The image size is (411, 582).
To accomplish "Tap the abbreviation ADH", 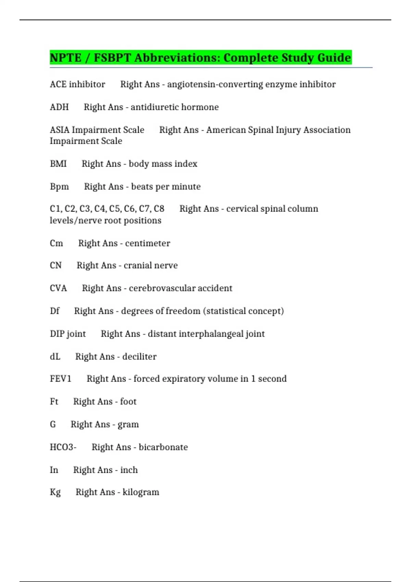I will click(x=59, y=107).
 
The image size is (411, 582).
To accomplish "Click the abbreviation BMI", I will click(x=58, y=164).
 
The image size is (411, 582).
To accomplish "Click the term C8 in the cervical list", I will click(x=159, y=209).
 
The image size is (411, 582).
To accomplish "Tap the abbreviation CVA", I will click(x=58, y=288).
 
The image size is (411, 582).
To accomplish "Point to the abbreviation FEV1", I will click(x=61, y=379).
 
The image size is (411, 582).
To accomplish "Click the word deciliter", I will click(x=139, y=357).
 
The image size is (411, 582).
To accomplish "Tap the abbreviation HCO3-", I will click(x=63, y=447).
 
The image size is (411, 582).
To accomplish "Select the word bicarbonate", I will click(x=163, y=447).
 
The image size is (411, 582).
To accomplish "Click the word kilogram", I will click(x=141, y=492).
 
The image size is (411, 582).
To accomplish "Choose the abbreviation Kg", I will click(x=55, y=492).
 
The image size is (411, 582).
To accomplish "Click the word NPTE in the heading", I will click(x=65, y=58).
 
